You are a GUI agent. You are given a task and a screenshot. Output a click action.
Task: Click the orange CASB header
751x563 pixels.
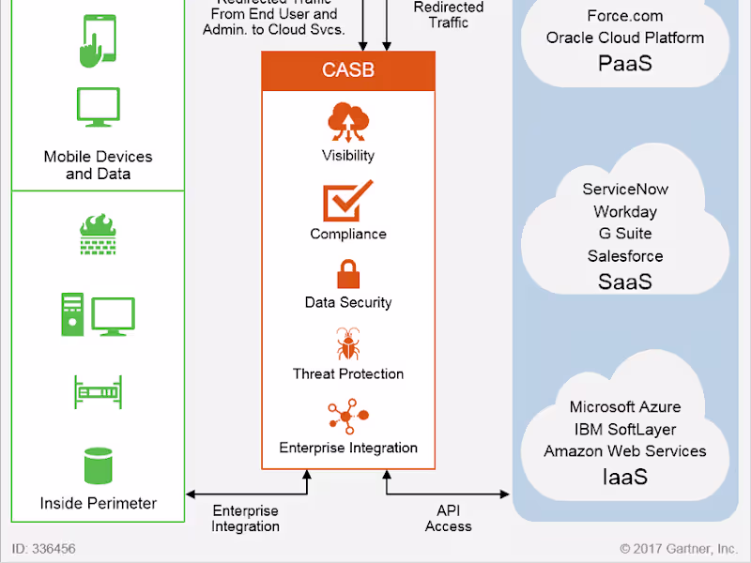pyautogui.click(x=348, y=70)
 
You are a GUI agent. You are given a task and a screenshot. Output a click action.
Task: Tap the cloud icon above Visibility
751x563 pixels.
pyautogui.click(x=347, y=122)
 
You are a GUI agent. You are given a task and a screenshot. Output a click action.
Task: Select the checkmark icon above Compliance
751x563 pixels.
pyautogui.click(x=347, y=201)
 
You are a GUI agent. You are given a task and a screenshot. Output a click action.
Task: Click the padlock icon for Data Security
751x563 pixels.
pyautogui.click(x=348, y=274)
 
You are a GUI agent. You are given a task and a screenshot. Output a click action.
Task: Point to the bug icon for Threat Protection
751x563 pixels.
pyautogui.click(x=348, y=344)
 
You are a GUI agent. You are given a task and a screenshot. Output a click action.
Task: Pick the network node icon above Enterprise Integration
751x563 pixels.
pyautogui.click(x=348, y=418)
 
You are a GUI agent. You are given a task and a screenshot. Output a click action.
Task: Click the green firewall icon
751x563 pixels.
pyautogui.click(x=98, y=236)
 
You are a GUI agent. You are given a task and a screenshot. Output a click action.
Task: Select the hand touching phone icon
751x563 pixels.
pyautogui.click(x=98, y=38)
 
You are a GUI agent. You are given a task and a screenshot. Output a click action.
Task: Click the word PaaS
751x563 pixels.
pyautogui.click(x=625, y=64)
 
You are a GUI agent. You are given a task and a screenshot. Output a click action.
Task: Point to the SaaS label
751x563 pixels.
pyautogui.click(x=625, y=281)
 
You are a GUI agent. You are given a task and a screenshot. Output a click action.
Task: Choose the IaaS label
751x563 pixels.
pyautogui.click(x=625, y=477)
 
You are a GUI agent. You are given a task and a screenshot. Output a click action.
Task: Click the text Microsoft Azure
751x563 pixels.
pyautogui.click(x=625, y=407)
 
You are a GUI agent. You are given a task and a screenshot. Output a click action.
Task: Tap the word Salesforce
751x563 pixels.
pyautogui.click(x=625, y=256)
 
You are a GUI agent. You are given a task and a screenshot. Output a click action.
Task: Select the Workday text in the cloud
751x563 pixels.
pyautogui.click(x=625, y=211)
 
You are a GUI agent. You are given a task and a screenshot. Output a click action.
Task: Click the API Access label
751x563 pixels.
pyautogui.click(x=448, y=519)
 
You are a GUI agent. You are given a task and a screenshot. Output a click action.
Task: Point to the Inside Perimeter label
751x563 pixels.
pyautogui.click(x=98, y=504)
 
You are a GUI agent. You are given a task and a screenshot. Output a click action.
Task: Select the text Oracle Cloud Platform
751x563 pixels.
pyautogui.click(x=625, y=38)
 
